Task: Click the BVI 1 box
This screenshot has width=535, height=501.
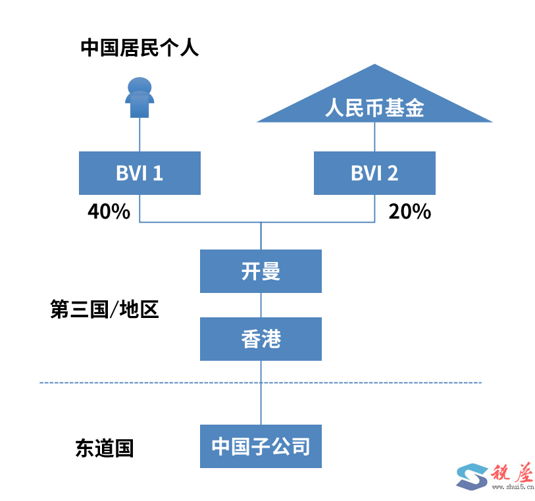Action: pos(140,173)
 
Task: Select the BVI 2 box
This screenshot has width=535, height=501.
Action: pos(374,173)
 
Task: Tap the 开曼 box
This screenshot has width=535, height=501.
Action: pos(261,271)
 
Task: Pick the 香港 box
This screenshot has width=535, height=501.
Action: pos(261,339)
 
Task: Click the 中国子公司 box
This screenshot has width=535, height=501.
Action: pos(261,446)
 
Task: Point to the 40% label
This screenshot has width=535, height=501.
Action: pos(109,211)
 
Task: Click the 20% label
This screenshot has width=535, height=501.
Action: pos(409,211)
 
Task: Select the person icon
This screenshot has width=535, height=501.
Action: pos(140,98)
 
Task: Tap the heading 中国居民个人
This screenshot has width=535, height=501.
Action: pos(140,47)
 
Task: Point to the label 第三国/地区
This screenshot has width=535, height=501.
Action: pos(105,309)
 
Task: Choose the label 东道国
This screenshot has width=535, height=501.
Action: pos(105,448)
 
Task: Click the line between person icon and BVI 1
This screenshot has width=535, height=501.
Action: pos(140,135)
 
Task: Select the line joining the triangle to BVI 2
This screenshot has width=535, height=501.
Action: pos(374,137)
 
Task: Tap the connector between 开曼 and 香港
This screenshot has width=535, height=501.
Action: pos(261,305)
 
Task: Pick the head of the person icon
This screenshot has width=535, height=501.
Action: pos(140,86)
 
